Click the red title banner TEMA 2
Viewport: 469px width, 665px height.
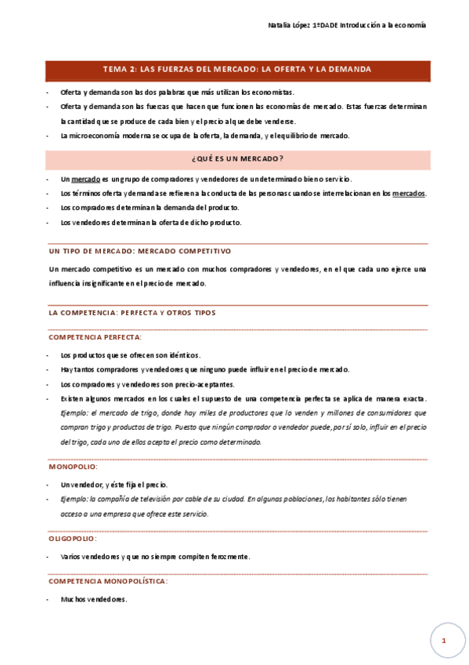click(237, 70)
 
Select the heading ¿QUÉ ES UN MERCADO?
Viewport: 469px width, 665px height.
click(237, 159)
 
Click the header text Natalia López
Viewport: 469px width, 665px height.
click(288, 26)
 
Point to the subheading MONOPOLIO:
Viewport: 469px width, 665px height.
click(74, 467)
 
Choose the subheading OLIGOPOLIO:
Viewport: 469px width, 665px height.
click(74, 539)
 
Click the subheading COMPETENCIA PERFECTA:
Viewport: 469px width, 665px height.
click(95, 336)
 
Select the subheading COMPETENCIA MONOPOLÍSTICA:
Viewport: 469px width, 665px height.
click(108, 581)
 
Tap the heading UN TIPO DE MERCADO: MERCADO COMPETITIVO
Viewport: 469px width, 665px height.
click(139, 251)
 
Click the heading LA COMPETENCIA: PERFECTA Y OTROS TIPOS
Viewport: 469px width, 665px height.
click(132, 312)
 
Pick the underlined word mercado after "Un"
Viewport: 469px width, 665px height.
click(86, 180)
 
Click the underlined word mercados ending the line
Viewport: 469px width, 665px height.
click(409, 193)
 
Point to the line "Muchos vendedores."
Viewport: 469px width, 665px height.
click(93, 599)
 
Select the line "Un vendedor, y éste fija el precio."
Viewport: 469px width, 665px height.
click(114, 485)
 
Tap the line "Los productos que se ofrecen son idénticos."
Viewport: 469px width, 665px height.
click(130, 355)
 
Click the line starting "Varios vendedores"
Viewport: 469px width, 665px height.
click(155, 557)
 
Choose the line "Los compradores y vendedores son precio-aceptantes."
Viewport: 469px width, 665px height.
click(146, 384)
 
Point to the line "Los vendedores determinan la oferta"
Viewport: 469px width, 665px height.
click(150, 222)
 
